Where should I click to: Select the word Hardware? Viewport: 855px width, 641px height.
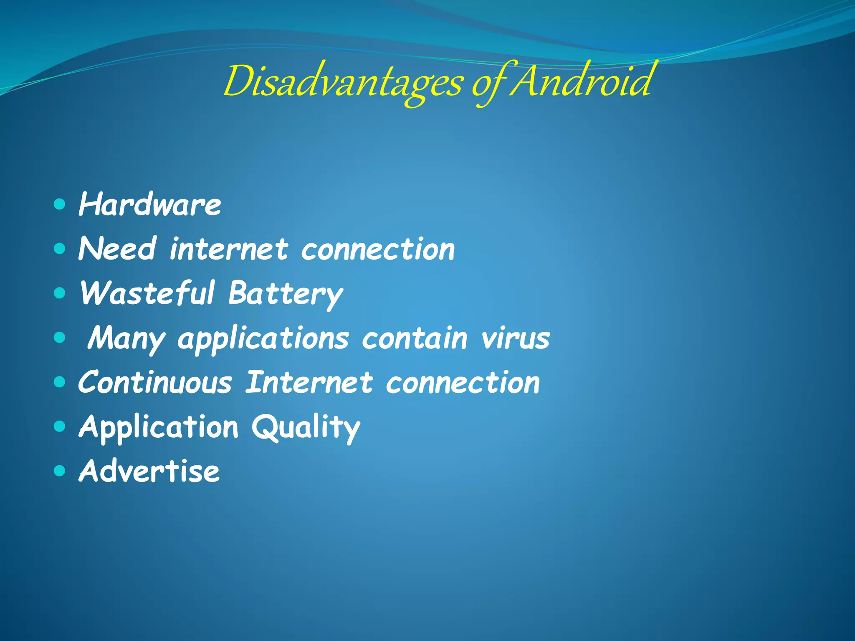click(x=149, y=204)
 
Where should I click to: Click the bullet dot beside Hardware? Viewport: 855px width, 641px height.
click(x=60, y=204)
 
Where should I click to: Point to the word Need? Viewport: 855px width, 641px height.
click(x=117, y=249)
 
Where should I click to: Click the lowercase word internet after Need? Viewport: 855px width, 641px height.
click(x=229, y=249)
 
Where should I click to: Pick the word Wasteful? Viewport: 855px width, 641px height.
click(x=147, y=293)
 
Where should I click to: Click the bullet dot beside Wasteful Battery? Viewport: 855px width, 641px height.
click(x=60, y=293)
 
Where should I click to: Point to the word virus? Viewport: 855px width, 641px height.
click(x=515, y=338)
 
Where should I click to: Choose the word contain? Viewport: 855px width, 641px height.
click(x=414, y=338)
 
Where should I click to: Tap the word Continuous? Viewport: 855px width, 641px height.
click(x=155, y=382)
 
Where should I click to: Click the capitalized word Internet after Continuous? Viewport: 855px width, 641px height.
click(x=309, y=382)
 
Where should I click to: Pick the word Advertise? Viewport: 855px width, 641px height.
click(x=149, y=471)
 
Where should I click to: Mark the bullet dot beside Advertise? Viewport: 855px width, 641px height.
click(x=60, y=471)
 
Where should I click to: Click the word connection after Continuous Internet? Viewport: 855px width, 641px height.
click(x=463, y=382)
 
